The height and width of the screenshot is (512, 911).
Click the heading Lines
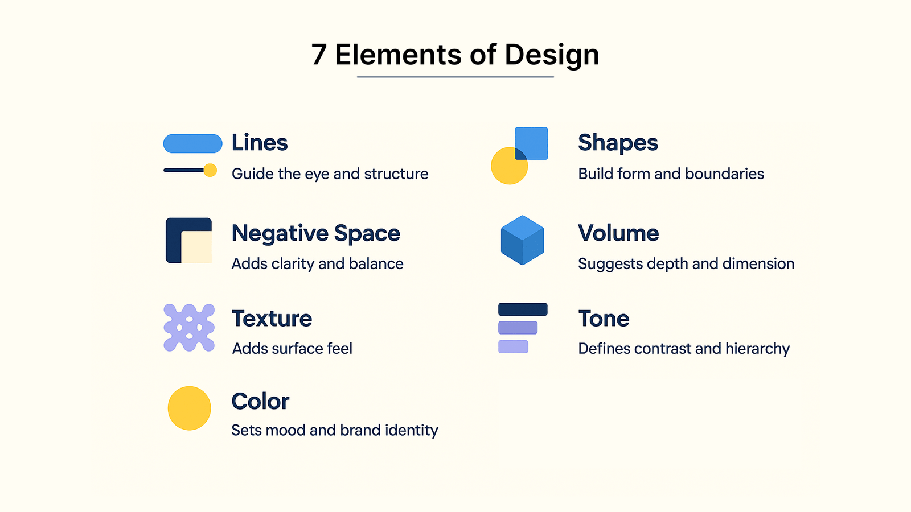pyautogui.click(x=260, y=143)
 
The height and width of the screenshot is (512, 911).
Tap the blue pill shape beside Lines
pyautogui.click(x=193, y=143)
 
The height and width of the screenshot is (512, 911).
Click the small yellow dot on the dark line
pyautogui.click(x=210, y=170)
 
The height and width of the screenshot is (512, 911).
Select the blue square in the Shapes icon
pyautogui.click(x=531, y=143)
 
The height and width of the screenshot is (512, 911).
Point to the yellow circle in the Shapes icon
pyautogui.click(x=506, y=168)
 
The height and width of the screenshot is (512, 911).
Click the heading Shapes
pyautogui.click(x=618, y=143)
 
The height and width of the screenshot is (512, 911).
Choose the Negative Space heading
pyautogui.click(x=315, y=233)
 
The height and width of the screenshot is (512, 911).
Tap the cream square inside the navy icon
pyautogui.click(x=196, y=247)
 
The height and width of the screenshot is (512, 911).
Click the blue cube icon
pyautogui.click(x=523, y=240)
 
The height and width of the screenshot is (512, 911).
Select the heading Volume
pyautogui.click(x=618, y=233)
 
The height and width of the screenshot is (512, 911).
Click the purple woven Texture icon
pyautogui.click(x=189, y=328)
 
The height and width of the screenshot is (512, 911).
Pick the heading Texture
pyautogui.click(x=272, y=319)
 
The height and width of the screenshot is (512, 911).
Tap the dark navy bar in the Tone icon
pyautogui.click(x=523, y=309)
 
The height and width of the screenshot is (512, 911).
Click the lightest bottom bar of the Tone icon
pyautogui.click(x=513, y=346)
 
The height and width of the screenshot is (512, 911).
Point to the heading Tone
pyautogui.click(x=604, y=319)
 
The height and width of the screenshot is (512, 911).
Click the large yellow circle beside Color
pyautogui.click(x=189, y=408)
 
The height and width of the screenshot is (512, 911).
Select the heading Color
pyautogui.click(x=260, y=402)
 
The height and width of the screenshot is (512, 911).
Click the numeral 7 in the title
pyautogui.click(x=319, y=55)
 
